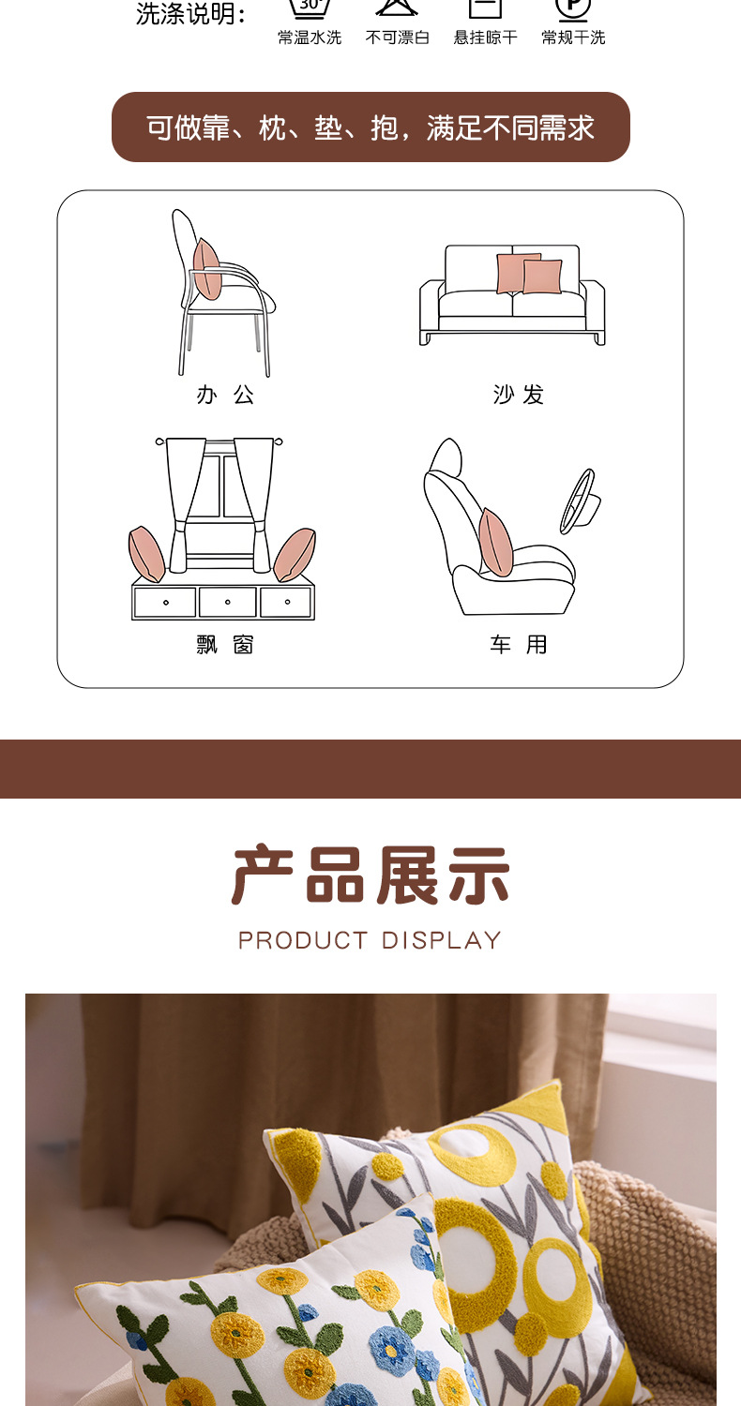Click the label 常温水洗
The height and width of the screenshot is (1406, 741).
[310, 37]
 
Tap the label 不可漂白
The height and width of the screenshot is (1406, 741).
[398, 37]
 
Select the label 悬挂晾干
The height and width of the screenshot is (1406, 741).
[486, 37]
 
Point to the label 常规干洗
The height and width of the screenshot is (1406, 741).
[573, 37]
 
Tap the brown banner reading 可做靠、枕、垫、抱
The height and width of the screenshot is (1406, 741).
[370, 127]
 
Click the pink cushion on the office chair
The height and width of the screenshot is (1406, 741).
[206, 268]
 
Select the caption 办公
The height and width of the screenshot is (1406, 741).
[225, 395]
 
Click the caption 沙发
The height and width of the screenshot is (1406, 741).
[519, 395]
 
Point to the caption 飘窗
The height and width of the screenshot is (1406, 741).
[225, 645]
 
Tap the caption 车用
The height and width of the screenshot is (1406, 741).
[518, 645]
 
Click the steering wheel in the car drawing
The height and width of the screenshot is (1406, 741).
[578, 501]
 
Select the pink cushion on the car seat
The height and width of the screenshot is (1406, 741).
[495, 544]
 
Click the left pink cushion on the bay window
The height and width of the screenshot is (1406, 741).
[146, 554]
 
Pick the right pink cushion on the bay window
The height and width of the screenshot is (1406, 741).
[295, 555]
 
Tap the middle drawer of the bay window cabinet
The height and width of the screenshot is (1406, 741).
[227, 602]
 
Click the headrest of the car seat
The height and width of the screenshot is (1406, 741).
[446, 456]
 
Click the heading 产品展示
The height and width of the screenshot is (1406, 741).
[370, 876]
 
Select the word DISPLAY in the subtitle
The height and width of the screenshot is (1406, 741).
[442, 940]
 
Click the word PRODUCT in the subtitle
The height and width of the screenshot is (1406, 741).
[303, 940]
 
